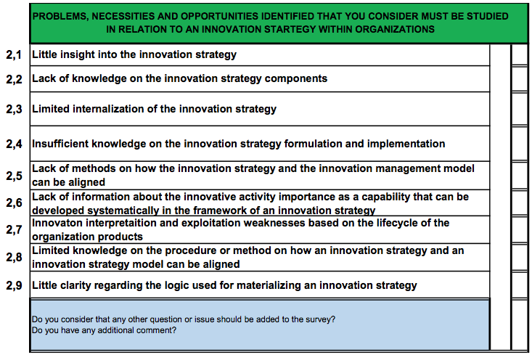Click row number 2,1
click(14, 54)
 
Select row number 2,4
click(14, 144)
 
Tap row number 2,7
click(14, 229)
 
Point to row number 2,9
click(14, 285)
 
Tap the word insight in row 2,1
click(78, 54)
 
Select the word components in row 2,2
click(296, 78)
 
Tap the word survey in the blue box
click(320, 319)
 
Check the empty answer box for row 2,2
click(519, 78)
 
